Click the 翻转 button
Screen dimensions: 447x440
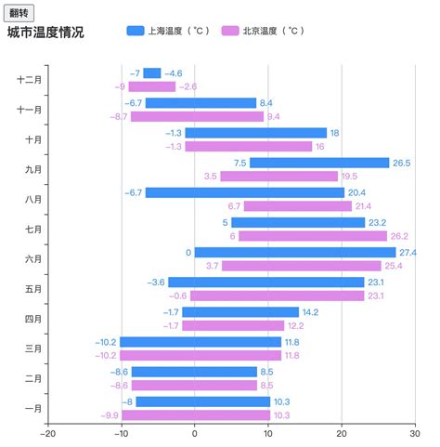tap(19, 13)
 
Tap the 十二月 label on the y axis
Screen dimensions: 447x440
tap(30, 80)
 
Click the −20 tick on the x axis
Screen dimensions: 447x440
tap(48, 432)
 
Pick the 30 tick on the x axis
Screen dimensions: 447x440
tap(415, 432)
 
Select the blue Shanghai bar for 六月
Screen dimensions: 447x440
tap(295, 253)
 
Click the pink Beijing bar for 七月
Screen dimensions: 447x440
tap(313, 236)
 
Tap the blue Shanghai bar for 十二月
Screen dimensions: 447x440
tap(152, 73)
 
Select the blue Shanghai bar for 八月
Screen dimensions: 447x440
tap(244, 192)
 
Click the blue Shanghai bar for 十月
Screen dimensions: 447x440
tap(255, 133)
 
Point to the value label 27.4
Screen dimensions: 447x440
tap(408, 253)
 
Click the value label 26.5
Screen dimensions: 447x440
tap(401, 163)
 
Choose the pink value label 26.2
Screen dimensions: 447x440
tap(400, 236)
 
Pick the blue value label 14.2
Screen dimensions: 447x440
tap(310, 312)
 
